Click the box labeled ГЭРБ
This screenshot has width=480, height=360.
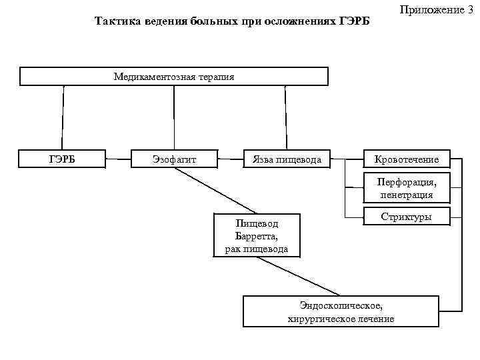[63, 159]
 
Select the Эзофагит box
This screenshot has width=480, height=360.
[174, 159]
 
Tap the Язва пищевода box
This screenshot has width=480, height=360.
[287, 159]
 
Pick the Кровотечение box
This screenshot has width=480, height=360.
[407, 159]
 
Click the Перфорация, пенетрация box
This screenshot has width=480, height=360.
[407, 189]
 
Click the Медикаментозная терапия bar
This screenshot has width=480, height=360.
[174, 77]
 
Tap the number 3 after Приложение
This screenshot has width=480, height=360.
[470, 9]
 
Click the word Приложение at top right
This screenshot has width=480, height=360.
[431, 9]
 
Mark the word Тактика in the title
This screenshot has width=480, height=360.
[115, 21]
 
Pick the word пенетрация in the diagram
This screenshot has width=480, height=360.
[407, 195]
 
